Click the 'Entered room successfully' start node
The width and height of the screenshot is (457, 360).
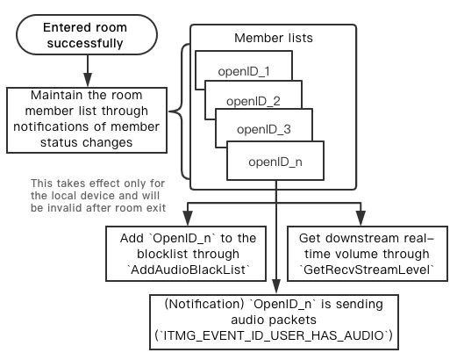click(87, 35)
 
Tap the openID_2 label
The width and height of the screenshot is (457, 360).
click(253, 101)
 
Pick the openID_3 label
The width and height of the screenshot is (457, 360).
click(264, 129)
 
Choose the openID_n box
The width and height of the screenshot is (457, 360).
click(275, 161)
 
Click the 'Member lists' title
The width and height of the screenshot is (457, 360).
click(274, 38)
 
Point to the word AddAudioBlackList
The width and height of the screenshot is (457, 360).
click(189, 270)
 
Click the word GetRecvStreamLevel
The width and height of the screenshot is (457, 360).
click(367, 270)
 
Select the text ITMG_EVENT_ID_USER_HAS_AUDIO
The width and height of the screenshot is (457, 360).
click(274, 335)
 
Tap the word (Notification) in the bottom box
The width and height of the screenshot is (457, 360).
click(204, 305)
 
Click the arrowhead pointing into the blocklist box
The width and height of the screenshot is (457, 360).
click(188, 218)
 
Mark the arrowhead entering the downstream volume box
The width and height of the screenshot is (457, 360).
click(361, 218)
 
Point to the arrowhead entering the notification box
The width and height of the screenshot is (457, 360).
click(276, 286)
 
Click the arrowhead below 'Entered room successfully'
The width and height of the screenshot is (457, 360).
click(88, 79)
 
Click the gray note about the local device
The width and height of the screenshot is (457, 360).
click(98, 196)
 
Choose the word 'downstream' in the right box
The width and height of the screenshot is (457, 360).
click(362, 238)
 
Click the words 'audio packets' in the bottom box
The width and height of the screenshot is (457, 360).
click(274, 320)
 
